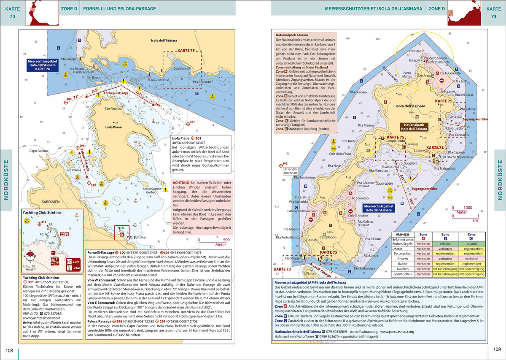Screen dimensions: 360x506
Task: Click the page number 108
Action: click(x=10, y=350)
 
